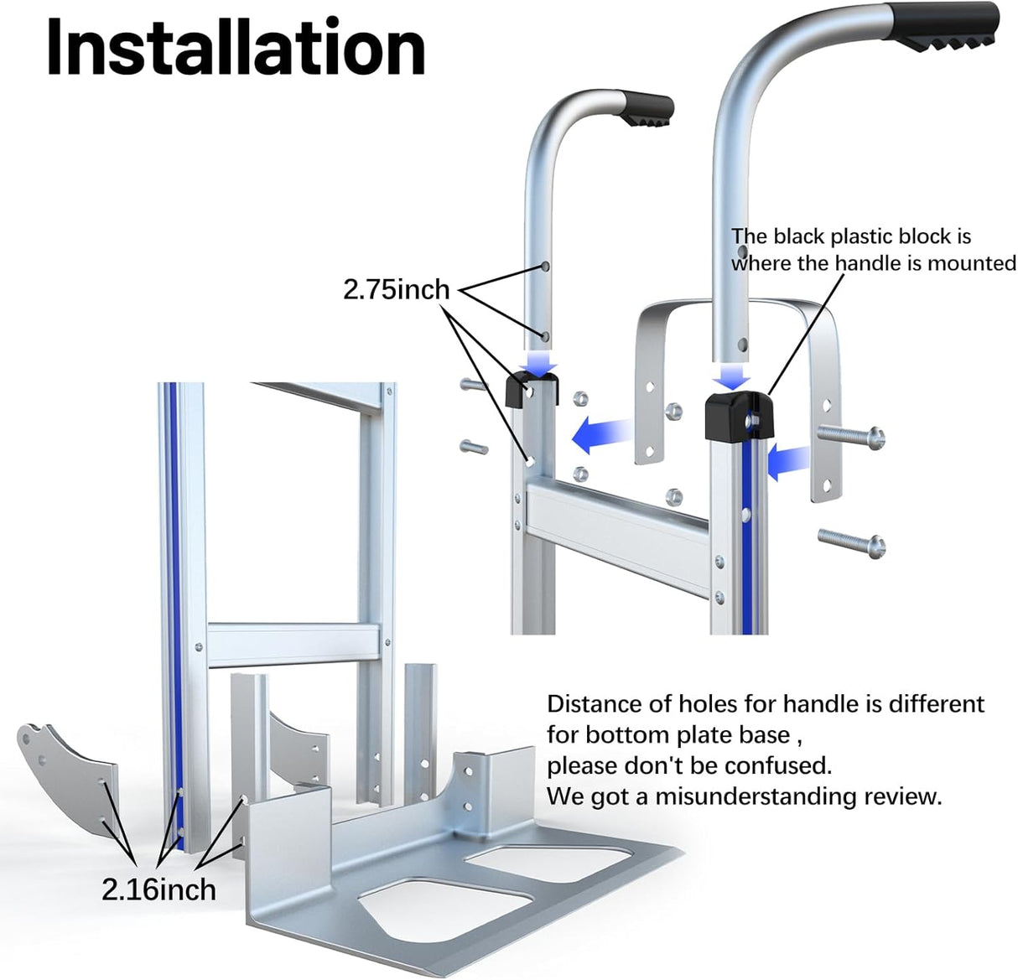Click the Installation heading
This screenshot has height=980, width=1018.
tap(236, 48)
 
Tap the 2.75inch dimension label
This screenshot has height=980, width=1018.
tap(396, 289)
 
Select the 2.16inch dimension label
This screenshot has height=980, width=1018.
tap(158, 889)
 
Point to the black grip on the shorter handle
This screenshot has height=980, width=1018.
tap(646, 109)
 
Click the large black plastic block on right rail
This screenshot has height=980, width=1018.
tap(740, 417)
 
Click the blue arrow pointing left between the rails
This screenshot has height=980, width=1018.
tap(601, 434)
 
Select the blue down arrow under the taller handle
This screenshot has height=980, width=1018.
tap(733, 376)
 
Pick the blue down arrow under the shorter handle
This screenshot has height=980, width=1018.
tap(539, 362)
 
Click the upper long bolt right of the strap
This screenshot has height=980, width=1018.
tap(851, 436)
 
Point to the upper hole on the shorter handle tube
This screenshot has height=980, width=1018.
tap(545, 267)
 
